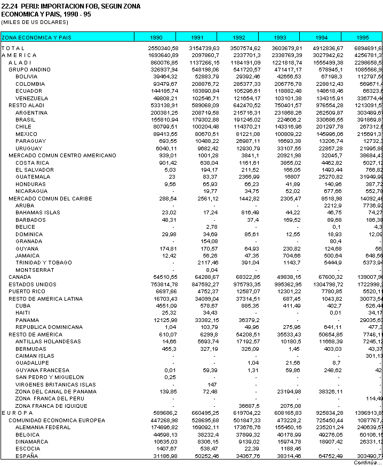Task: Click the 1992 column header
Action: pos(238,38)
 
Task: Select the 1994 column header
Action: pos(321,38)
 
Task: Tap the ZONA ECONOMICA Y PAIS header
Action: pos(36,38)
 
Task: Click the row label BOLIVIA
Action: pos(26,77)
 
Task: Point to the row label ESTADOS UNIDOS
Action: pos(33,284)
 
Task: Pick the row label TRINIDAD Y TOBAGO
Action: pos(43,263)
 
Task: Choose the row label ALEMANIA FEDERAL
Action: pos(43,427)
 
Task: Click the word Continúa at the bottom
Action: pos(368,462)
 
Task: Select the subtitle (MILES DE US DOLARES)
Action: pos(35,22)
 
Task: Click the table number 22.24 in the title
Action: pos(9,5)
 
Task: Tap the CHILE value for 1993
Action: pos(287,126)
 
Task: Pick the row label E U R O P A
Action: pos(17,413)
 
